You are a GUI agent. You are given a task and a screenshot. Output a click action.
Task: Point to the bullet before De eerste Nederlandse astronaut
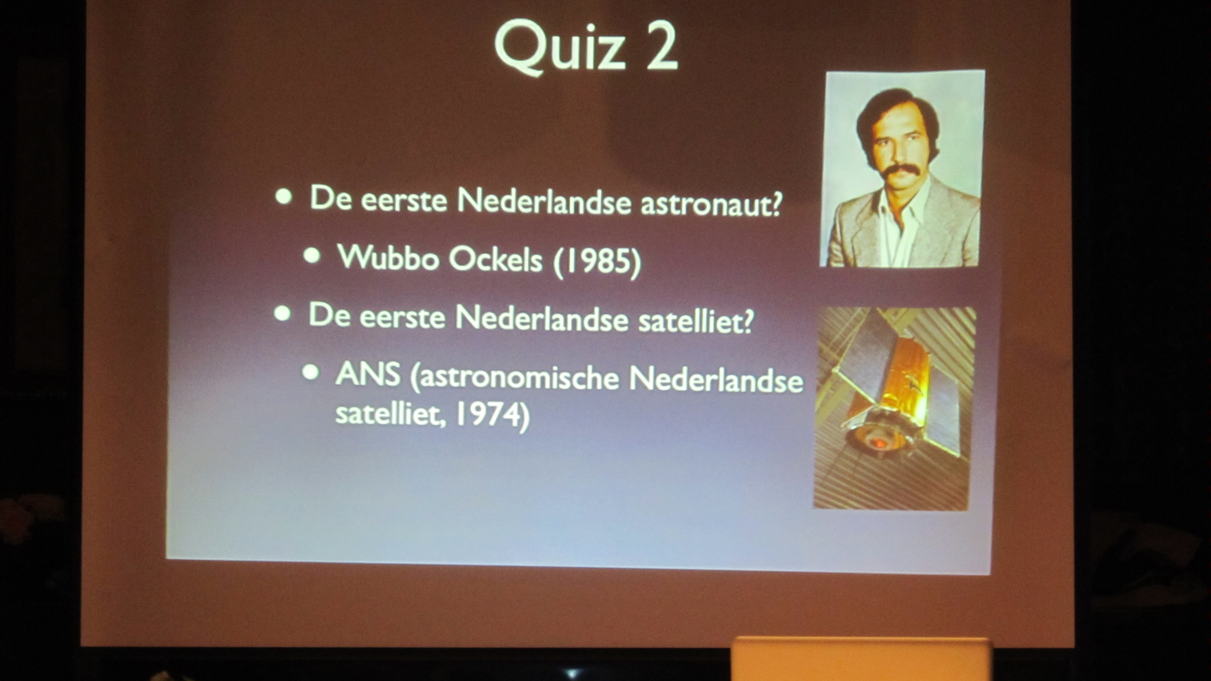[x=283, y=197]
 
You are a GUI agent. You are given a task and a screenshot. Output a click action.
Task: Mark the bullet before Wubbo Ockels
[x=312, y=256]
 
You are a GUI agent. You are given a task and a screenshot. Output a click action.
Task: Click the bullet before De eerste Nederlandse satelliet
[x=282, y=314]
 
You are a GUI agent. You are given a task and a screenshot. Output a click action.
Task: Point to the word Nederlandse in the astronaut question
[x=544, y=202]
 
